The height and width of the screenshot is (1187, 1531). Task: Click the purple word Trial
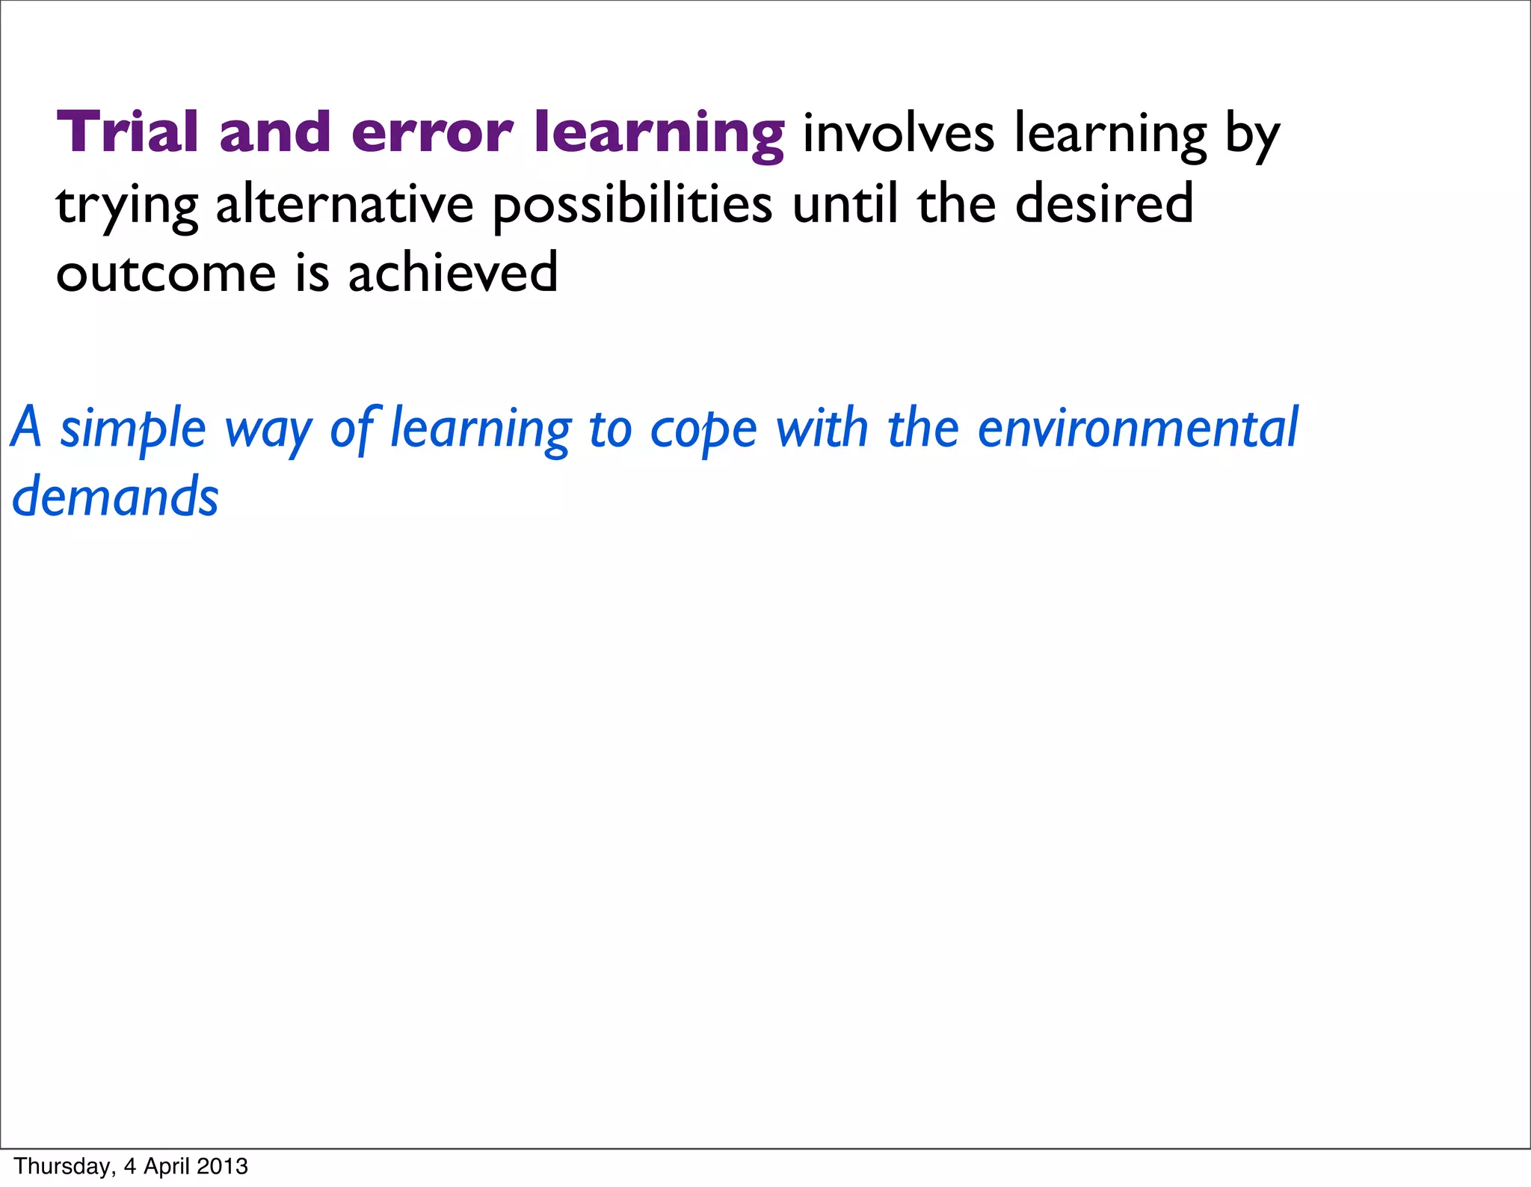pos(127,132)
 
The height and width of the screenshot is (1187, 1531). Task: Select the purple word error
pos(431,132)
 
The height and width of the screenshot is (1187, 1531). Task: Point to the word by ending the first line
pos(1252,136)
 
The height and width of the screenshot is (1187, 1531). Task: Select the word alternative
pos(345,204)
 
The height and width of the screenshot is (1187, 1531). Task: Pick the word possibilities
pos(632,204)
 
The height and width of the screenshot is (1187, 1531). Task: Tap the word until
pos(845,204)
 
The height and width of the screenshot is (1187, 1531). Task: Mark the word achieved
pos(453,273)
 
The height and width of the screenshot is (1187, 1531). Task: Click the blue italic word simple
pos(132,429)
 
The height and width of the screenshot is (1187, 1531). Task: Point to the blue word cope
pos(703,431)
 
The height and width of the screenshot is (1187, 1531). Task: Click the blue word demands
pos(115,497)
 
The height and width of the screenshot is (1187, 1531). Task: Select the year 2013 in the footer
pos(223,1166)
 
